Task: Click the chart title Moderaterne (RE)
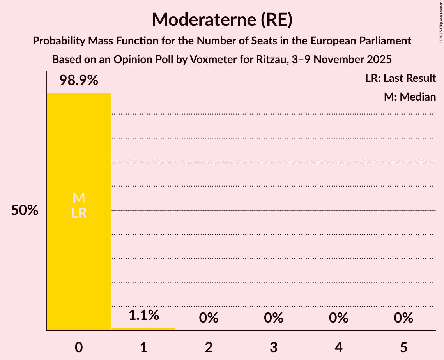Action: tap(222, 19)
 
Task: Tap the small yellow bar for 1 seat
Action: tap(143, 329)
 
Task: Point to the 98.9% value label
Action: tap(79, 81)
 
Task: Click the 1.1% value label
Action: tap(144, 315)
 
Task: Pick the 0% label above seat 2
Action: tap(209, 318)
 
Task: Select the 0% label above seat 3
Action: tap(274, 318)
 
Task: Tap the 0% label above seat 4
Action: tap(338, 318)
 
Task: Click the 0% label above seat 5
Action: tap(403, 318)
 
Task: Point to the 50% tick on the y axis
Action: tap(25, 210)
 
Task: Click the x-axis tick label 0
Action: tap(79, 348)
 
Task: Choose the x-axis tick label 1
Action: tap(144, 348)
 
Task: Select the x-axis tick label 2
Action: tap(209, 348)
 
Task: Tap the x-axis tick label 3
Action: tap(274, 348)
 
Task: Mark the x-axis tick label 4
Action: tap(338, 348)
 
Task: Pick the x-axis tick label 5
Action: tap(403, 348)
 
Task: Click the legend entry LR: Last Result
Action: tap(400, 78)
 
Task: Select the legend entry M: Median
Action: tap(410, 97)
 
